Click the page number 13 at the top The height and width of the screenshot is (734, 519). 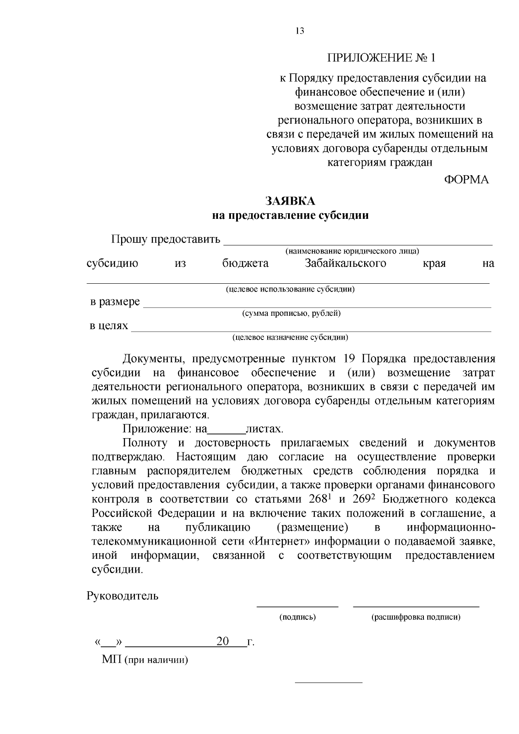click(300, 31)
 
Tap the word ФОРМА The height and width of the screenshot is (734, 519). click(467, 180)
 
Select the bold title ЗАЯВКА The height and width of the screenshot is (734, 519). click(290, 202)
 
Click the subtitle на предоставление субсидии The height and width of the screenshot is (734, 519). click(290, 215)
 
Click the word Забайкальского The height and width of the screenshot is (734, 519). click(345, 263)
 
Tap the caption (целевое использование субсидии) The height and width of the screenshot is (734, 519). click(290, 289)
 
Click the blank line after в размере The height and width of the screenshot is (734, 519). click(317, 304)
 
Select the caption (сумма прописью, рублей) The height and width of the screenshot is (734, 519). click(291, 314)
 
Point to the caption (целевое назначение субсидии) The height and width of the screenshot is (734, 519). click(290, 337)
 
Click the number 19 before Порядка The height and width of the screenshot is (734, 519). click(349, 359)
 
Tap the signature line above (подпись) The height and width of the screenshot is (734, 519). click(298, 606)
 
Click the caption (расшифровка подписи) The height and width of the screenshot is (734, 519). click(416, 617)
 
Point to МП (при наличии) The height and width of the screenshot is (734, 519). click(145, 660)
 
